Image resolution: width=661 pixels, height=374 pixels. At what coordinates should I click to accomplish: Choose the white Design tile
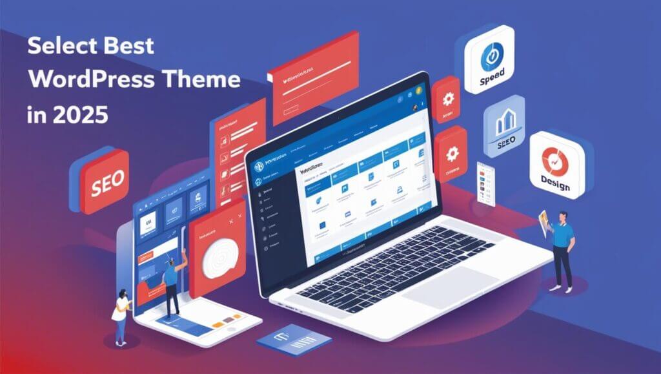click(556, 165)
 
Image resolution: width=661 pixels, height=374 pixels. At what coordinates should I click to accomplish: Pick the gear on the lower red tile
click(450, 154)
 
